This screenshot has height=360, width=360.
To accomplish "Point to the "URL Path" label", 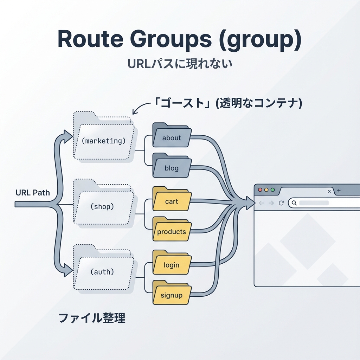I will tap(33, 193).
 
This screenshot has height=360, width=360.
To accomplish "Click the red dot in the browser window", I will tap(260, 190).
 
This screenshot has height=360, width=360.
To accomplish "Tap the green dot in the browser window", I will tap(272, 190).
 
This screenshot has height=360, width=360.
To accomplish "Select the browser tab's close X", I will tap(329, 191).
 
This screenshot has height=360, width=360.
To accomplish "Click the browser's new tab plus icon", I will tap(339, 191).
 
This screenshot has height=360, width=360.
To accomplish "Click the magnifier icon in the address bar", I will tap(294, 203).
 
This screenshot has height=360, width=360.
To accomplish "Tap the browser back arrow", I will tap(261, 203).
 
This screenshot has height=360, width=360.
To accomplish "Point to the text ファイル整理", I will tap(91, 318).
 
